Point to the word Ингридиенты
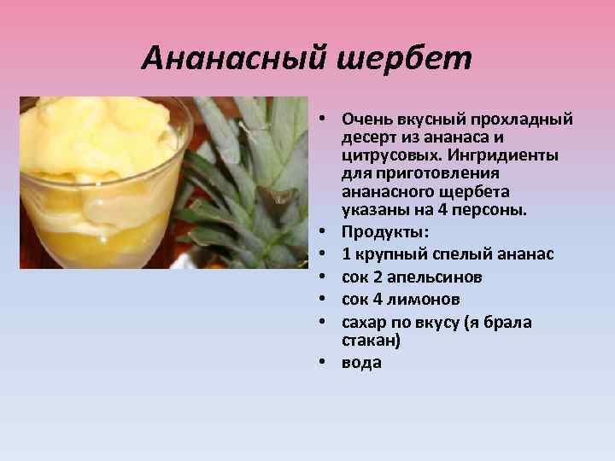(506, 156)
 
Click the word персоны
(495, 210)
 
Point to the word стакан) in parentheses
(371, 340)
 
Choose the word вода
(361, 362)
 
